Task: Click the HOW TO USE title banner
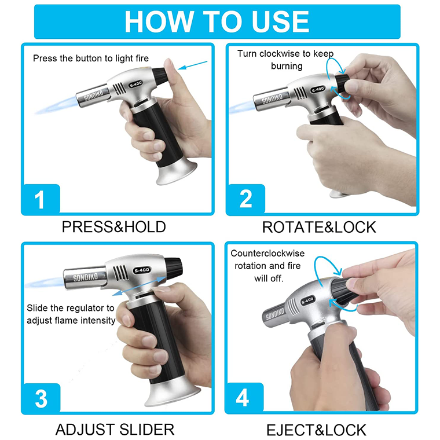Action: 217,21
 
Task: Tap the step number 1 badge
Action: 40,200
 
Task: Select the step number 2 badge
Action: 245,200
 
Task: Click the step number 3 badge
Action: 40,399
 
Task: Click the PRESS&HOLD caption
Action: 113,227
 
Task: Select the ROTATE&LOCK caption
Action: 319,227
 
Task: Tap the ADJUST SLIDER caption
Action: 115,430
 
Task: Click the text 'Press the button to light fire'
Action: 91,58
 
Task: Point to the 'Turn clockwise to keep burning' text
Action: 285,60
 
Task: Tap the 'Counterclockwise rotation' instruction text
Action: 267,266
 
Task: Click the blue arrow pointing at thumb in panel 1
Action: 192,65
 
